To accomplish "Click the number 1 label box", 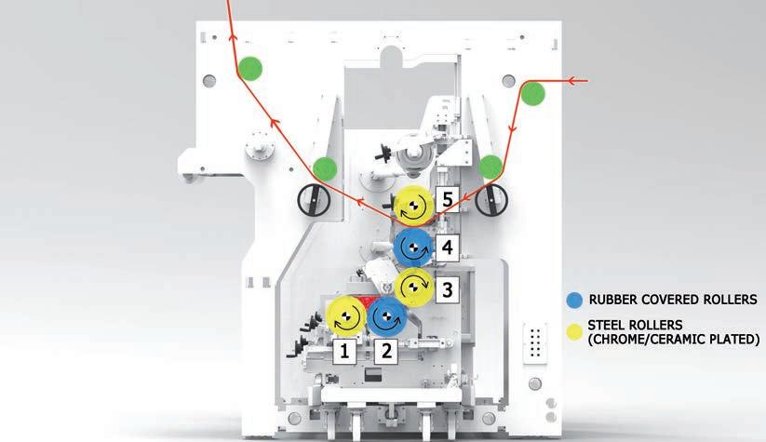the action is point(343,351).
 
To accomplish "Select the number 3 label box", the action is point(447,288).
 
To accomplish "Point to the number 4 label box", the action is point(447,247).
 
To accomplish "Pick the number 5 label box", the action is point(448,198).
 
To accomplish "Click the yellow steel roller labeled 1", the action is point(344,317).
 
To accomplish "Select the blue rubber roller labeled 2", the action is point(386,317).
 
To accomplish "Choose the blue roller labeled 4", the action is point(412,247).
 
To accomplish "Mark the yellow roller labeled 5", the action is point(412,204).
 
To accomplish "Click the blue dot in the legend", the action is point(574,300).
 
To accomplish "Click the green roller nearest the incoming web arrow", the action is point(532,93).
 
